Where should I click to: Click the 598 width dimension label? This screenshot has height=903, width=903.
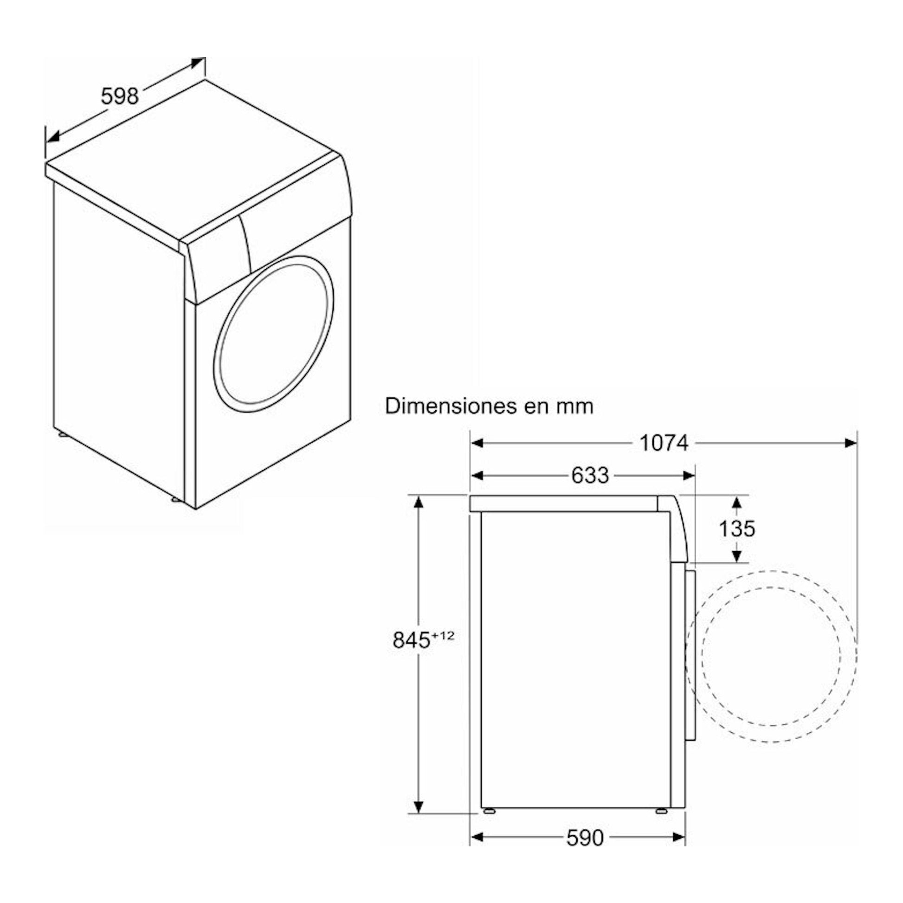pyautogui.click(x=120, y=97)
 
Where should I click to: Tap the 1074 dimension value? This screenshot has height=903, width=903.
pyautogui.click(x=664, y=443)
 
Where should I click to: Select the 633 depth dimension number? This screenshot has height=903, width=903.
pyautogui.click(x=590, y=476)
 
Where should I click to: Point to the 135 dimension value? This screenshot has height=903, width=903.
pyautogui.click(x=736, y=529)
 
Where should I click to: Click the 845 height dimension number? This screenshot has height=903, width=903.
pyautogui.click(x=411, y=640)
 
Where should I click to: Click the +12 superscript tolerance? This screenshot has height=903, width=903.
pyautogui.click(x=443, y=636)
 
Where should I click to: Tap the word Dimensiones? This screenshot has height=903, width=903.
pyautogui.click(x=450, y=406)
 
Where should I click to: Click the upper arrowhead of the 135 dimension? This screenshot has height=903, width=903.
pyautogui.click(x=736, y=503)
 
